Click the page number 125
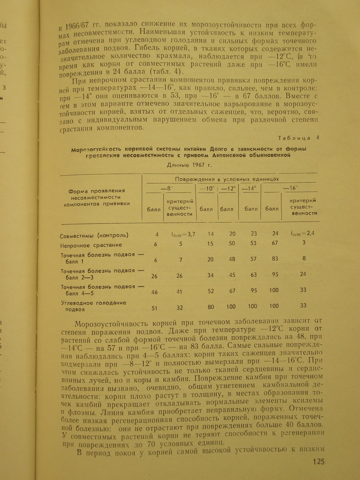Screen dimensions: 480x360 [319, 461]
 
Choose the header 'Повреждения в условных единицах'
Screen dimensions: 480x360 [227, 179]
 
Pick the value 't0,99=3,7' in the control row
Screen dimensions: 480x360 [181, 234]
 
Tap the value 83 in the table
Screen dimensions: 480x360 [275, 258]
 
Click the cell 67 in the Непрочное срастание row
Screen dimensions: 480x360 [275, 243]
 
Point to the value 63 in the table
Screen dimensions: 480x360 [253, 274]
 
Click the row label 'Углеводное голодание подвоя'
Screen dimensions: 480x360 [94, 306]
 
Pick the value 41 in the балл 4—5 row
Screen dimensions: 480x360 [179, 291]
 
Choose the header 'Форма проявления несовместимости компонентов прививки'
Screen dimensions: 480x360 [97, 197]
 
